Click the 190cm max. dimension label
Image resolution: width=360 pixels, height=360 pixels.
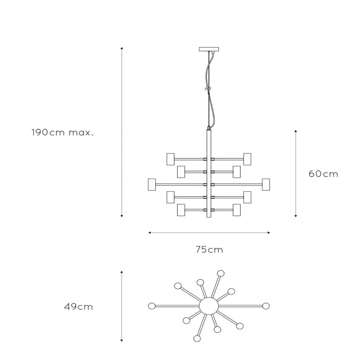tap(63, 132)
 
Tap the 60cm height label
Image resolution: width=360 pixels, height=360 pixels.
tap(323, 174)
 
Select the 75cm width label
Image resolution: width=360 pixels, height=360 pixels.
tap(209, 250)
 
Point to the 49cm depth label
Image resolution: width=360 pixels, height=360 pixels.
tap(78, 307)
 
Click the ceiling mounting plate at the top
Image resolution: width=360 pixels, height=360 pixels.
tap(209, 49)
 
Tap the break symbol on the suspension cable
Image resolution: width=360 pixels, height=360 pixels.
tap(208, 88)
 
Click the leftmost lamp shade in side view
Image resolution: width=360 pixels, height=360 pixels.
tap(152, 184)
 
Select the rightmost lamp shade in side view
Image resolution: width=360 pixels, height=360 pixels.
tap(266, 184)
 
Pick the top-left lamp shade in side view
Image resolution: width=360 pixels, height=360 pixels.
tap(171, 159)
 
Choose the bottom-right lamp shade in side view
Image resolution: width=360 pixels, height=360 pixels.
tap(237, 210)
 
